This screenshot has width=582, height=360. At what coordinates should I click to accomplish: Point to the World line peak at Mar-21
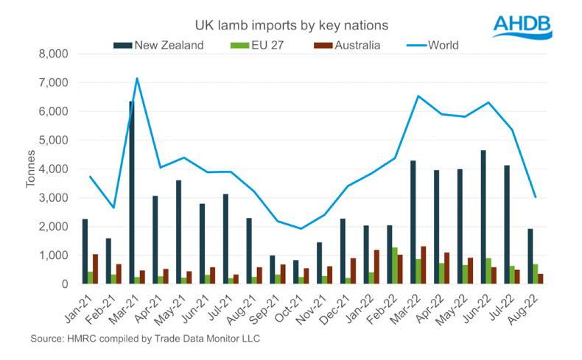pyautogui.click(x=137, y=78)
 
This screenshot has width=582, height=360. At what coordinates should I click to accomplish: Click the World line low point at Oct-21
pyautogui.click(x=300, y=228)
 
